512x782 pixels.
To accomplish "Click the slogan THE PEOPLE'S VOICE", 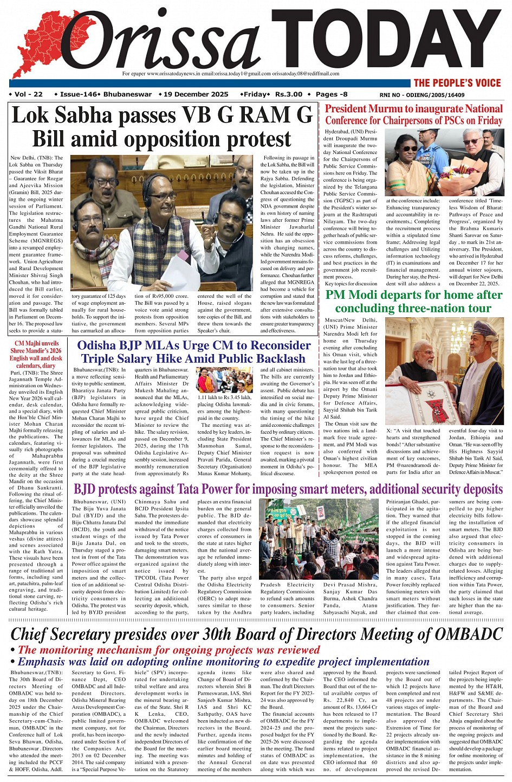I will point(457,83).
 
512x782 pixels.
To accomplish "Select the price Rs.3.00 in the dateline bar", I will point(288,94).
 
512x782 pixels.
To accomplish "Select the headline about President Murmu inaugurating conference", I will point(413,114).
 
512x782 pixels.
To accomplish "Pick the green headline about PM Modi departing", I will point(413,302).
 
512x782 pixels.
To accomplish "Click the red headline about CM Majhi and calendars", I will point(36,354).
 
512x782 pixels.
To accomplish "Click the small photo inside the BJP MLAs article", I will point(224,380).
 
